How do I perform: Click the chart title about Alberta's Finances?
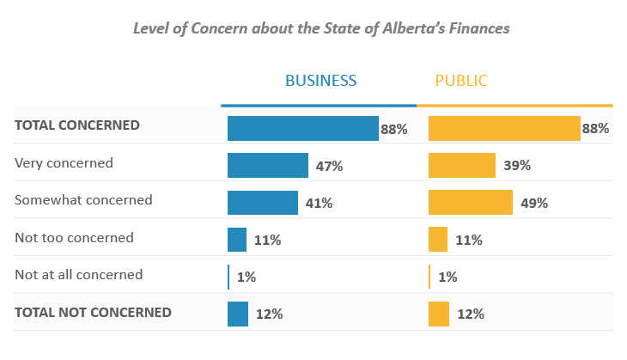coord(320,28)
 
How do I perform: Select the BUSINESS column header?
coord(320,81)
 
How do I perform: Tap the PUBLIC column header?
coord(461,81)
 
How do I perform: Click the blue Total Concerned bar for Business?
coord(302,128)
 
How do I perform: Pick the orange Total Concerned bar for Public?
coord(504,128)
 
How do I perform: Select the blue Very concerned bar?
coord(268,165)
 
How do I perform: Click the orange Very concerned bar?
coord(462,165)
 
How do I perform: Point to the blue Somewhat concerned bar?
coord(263,203)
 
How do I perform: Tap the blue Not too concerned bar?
coord(237,240)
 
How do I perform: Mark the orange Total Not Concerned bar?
coord(439,314)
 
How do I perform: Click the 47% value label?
coord(329,166)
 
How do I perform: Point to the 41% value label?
coord(319,204)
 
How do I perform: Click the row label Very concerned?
coord(64,162)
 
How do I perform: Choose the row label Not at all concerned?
coord(79,275)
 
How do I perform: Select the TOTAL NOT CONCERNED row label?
coord(93,313)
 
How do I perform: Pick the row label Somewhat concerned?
coord(83,200)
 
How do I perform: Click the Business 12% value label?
coord(269,314)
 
